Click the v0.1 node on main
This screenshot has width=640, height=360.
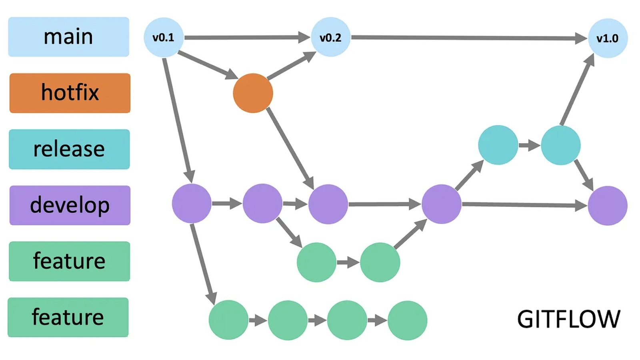164,37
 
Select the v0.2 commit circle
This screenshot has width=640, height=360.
330,37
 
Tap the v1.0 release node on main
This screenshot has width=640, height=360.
607,38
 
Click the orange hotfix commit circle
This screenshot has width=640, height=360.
253,93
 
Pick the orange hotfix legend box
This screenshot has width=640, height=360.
70,93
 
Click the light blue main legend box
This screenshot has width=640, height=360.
68,37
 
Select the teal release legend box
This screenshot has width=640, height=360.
69,149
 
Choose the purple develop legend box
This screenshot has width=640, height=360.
70,205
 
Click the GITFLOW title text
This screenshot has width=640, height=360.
568,319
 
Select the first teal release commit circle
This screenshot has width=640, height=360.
498,145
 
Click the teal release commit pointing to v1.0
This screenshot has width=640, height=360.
560,145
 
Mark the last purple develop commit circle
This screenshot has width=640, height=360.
607,206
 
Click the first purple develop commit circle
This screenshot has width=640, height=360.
192,204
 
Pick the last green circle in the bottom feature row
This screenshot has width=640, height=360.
407,320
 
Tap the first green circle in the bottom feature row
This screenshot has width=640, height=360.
228,320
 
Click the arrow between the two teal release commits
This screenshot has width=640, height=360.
529,145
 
